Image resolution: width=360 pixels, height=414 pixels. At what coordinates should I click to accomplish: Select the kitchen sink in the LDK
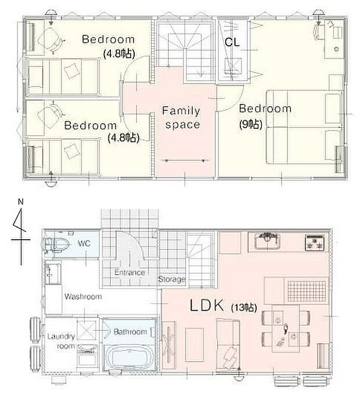(268, 238)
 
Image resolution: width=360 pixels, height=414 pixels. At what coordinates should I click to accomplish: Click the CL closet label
(233, 42)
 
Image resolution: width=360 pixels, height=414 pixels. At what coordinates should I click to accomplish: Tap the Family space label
(181, 117)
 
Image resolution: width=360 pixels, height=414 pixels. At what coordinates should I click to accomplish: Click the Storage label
(172, 279)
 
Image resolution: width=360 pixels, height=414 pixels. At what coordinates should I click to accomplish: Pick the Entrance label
(130, 272)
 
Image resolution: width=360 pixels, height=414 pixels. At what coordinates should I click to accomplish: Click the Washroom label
(83, 296)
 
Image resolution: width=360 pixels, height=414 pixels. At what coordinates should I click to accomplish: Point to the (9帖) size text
(250, 124)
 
